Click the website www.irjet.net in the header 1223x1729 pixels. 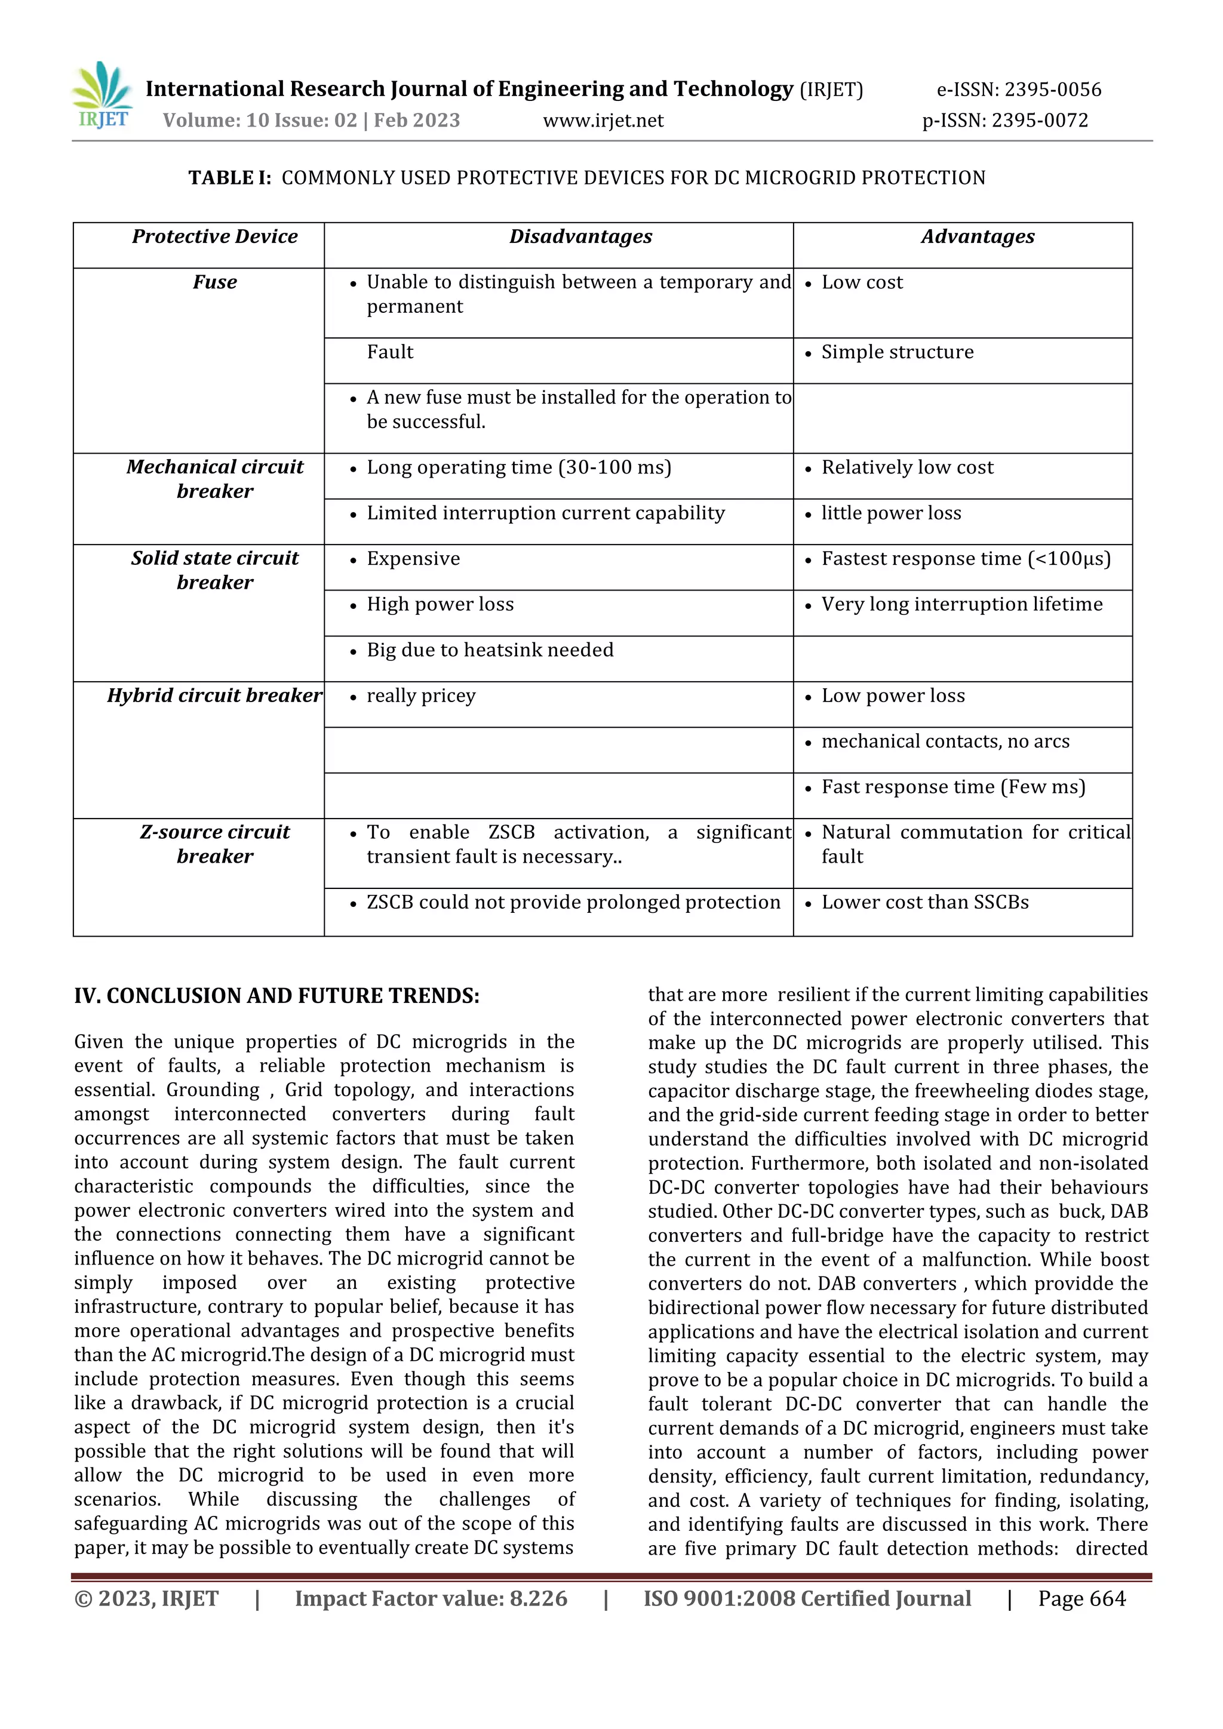pyautogui.click(x=603, y=121)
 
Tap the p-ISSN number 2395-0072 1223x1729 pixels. pyautogui.click(x=1039, y=121)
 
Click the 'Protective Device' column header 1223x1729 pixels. pyautogui.click(x=214, y=236)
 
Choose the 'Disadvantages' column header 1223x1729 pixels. pyautogui.click(x=580, y=236)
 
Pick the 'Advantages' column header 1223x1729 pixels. pyautogui.click(x=978, y=236)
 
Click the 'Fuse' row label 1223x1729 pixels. pyautogui.click(x=214, y=282)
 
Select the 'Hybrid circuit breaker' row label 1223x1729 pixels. pyautogui.click(x=214, y=695)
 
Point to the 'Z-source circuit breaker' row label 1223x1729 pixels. pyautogui.click(x=214, y=844)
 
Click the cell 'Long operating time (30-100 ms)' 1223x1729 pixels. pyautogui.click(x=519, y=467)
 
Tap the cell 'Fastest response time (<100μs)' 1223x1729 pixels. pyautogui.click(x=966, y=559)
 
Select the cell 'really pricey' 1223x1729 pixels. pyautogui.click(x=421, y=696)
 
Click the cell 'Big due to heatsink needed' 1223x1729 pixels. pyautogui.click(x=490, y=650)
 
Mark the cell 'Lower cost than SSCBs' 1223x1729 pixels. pyautogui.click(x=925, y=902)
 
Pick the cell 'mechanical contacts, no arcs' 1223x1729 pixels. pyautogui.click(x=945, y=741)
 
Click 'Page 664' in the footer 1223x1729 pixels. pyautogui.click(x=1081, y=1598)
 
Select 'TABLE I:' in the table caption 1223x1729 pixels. pyautogui.click(x=230, y=178)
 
